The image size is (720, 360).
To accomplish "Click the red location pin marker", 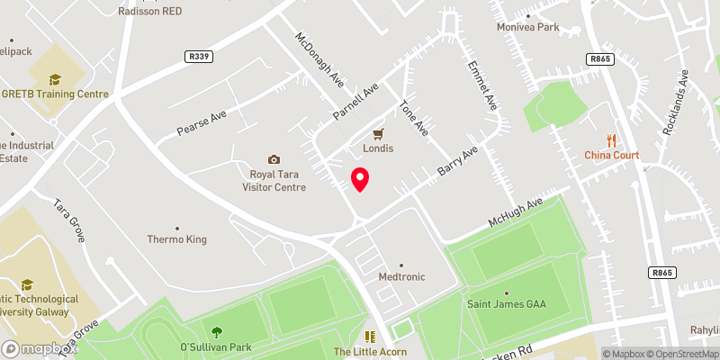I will tap(360, 178).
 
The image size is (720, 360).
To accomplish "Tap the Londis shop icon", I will tap(379, 132).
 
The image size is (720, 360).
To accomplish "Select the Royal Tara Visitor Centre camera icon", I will tap(274, 159).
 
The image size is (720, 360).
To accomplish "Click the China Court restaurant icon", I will tap(612, 139).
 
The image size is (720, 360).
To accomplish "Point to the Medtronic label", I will tap(401, 277).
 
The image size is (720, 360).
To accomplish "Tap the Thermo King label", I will tap(177, 239).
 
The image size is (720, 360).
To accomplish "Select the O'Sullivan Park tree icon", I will tap(216, 332).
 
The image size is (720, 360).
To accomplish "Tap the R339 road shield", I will tap(200, 56).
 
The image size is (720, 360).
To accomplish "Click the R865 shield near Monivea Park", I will tap(600, 58).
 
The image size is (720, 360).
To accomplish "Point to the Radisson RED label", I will tap(150, 12).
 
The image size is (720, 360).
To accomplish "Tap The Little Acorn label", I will tap(370, 351).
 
